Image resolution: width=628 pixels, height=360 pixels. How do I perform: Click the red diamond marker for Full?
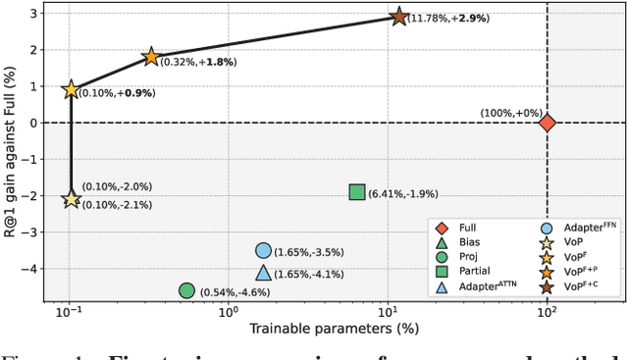547,123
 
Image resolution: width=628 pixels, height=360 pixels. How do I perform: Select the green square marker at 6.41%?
357,192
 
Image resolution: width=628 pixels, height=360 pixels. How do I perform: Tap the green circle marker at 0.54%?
186,291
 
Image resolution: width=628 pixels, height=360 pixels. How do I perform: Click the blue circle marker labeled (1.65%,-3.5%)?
263,251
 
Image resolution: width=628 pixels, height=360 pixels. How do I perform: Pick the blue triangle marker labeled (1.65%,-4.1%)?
263,274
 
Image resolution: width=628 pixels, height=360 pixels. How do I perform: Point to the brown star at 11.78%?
398,17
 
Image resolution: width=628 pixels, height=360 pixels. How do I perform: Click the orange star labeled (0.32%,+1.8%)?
151,57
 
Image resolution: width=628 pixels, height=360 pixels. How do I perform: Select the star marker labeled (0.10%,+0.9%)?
71,90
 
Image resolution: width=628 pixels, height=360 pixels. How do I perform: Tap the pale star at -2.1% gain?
71,199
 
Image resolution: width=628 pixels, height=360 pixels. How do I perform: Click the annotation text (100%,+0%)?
510,113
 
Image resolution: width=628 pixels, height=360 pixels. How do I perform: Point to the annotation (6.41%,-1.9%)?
399,194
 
